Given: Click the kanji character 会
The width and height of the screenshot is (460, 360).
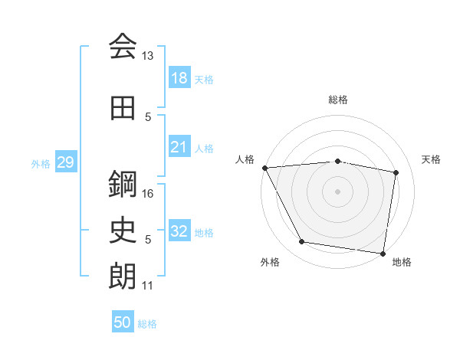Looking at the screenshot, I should (123, 47).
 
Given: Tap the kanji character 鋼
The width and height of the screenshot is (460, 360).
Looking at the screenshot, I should (123, 184).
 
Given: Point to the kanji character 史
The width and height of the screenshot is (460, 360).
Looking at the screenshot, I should (123, 230).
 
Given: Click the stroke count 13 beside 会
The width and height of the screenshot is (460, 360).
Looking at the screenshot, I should (148, 56).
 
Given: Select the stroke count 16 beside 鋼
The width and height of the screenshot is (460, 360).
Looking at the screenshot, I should (148, 193).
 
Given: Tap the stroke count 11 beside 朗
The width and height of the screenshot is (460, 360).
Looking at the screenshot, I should (148, 286).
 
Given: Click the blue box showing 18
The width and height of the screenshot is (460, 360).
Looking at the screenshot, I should (179, 78).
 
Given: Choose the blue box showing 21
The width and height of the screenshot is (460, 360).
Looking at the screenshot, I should (179, 147).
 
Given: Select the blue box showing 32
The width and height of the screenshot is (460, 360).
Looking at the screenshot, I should (179, 231).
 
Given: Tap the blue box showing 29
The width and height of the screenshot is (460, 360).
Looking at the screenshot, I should (65, 162).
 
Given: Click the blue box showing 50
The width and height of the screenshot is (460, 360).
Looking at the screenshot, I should (122, 322).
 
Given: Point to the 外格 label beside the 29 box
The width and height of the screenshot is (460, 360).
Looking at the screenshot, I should (40, 163).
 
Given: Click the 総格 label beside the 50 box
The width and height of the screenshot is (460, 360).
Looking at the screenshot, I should (147, 324).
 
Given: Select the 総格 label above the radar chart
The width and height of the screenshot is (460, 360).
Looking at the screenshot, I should (338, 100).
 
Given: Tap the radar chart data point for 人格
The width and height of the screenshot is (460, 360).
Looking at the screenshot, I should (264, 168).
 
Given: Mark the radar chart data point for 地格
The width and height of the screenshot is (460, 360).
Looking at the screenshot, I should (383, 253).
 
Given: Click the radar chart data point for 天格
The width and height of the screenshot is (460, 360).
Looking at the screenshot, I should (396, 172).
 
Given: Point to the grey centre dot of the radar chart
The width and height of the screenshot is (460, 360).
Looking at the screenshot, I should (338, 191).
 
